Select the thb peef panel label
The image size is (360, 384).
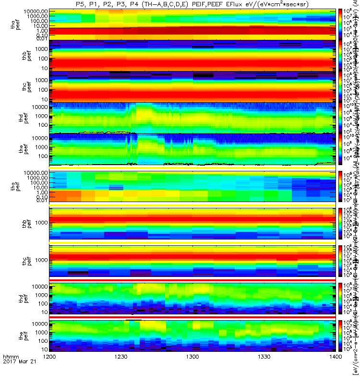click(15, 56)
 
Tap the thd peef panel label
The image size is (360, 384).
click(15, 118)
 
